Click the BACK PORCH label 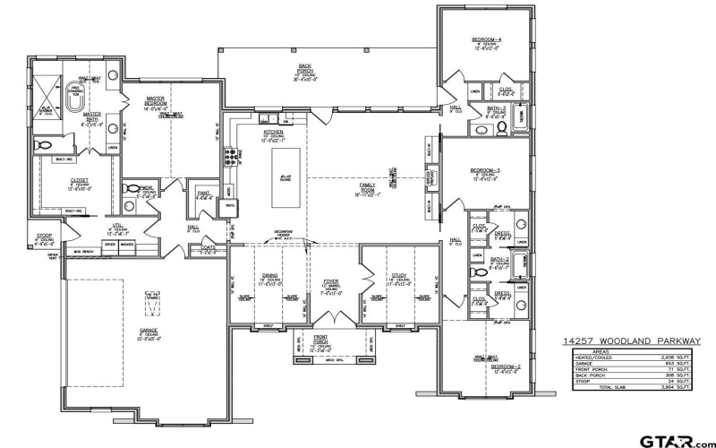tap(304, 69)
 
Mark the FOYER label tap(331, 283)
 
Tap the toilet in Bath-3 tap(501, 129)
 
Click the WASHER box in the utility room tap(127, 244)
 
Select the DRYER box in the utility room tap(110, 244)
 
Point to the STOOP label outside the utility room tap(44, 240)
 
